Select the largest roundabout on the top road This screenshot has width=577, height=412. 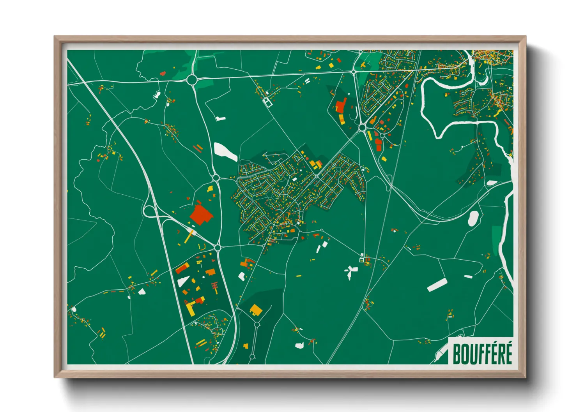(x=192, y=80)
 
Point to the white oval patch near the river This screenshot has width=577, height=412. (x=473, y=218)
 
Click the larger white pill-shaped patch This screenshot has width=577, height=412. (x=437, y=285)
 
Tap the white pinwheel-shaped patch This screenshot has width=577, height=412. (x=350, y=271)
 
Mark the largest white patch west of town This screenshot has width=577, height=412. (x=225, y=151)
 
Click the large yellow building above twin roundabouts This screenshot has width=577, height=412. (x=256, y=310)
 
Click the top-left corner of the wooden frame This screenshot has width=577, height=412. (x=55, y=37)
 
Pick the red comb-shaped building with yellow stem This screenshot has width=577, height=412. (x=214, y=287)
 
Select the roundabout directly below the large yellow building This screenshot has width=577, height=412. (x=257, y=324)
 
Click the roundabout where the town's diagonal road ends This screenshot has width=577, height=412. (x=362, y=127)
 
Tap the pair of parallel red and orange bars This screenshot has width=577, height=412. (x=198, y=148)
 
